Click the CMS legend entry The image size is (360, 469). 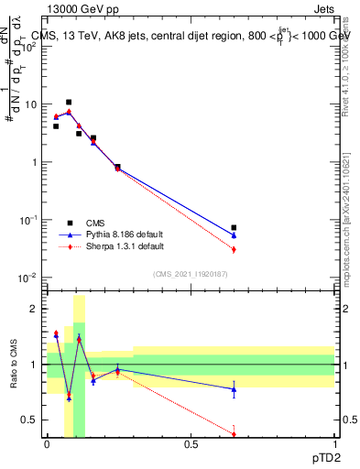click(94, 223)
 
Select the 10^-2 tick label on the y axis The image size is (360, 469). click(30, 278)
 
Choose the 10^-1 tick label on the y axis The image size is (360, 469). click(30, 220)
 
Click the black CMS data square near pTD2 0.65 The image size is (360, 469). click(234, 227)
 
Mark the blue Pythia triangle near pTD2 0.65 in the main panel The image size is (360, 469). click(234, 235)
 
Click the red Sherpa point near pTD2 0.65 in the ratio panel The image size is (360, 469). click(234, 433)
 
